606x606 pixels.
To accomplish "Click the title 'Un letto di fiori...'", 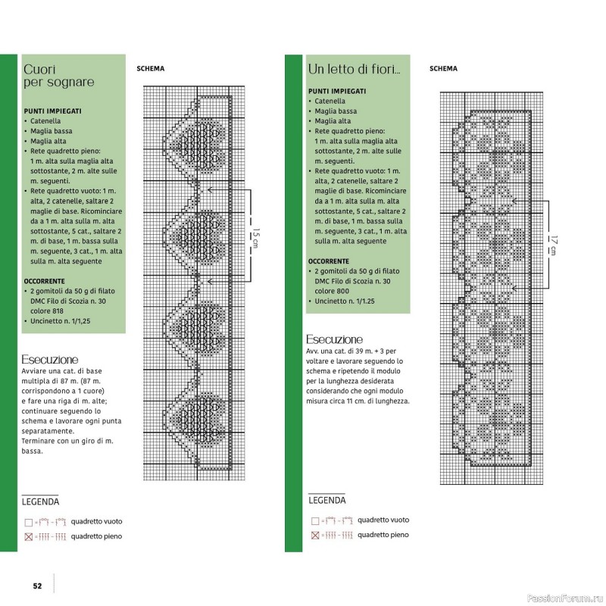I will [354, 69].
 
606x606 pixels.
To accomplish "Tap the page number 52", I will [36, 585].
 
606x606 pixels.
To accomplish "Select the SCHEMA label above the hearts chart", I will [150, 69].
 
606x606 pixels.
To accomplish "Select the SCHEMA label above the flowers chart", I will [443, 69].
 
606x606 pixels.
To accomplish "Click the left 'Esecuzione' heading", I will [51, 359].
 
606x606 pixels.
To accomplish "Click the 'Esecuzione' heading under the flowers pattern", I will [334, 339].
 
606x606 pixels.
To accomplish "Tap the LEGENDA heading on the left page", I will [41, 501].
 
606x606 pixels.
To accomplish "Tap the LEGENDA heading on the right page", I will [327, 501].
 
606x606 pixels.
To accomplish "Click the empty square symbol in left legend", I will [28, 523].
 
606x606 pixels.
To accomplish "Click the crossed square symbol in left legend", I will [28, 537].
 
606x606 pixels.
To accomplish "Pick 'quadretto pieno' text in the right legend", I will [383, 535].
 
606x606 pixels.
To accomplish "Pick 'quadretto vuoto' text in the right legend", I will [383, 520].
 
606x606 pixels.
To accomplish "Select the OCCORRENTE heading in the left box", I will [51, 280].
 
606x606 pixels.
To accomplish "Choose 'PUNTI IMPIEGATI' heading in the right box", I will [337, 91].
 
